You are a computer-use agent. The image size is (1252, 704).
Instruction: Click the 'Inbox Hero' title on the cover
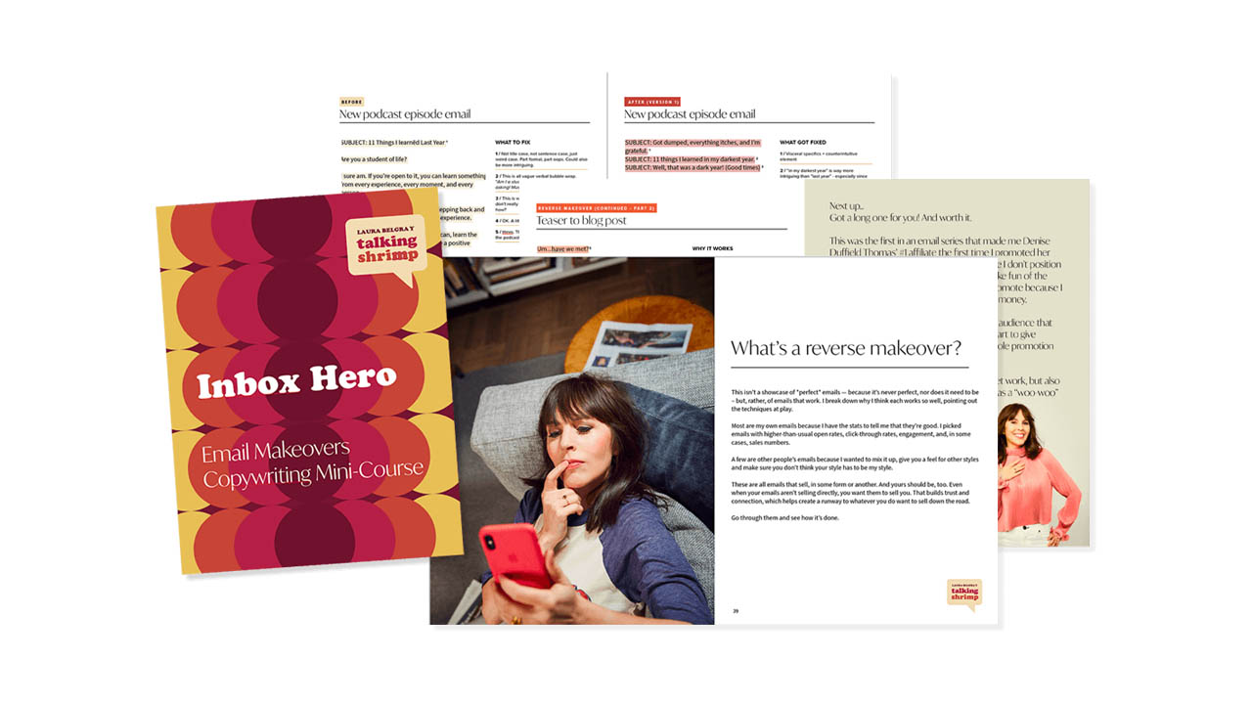pyautogui.click(x=296, y=381)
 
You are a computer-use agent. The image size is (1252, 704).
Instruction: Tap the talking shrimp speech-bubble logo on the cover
pyautogui.click(x=386, y=245)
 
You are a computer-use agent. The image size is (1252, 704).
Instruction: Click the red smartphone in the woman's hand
pyautogui.click(x=515, y=554)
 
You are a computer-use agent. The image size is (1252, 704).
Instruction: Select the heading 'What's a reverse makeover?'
pyautogui.click(x=846, y=348)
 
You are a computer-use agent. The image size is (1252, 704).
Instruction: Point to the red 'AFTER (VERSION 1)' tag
pyautogui.click(x=652, y=102)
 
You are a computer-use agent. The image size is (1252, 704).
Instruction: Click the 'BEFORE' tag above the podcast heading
pyautogui.click(x=351, y=102)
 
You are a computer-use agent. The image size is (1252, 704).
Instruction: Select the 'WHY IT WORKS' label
pyautogui.click(x=712, y=248)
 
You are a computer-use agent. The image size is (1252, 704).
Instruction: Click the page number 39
pyautogui.click(x=736, y=611)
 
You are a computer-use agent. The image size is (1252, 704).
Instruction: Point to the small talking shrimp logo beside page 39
pyautogui.click(x=963, y=594)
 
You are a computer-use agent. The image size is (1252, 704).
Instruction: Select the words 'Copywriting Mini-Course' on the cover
pyautogui.click(x=313, y=473)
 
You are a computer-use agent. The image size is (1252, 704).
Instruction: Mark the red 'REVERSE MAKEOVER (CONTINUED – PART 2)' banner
pyautogui.click(x=597, y=208)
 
